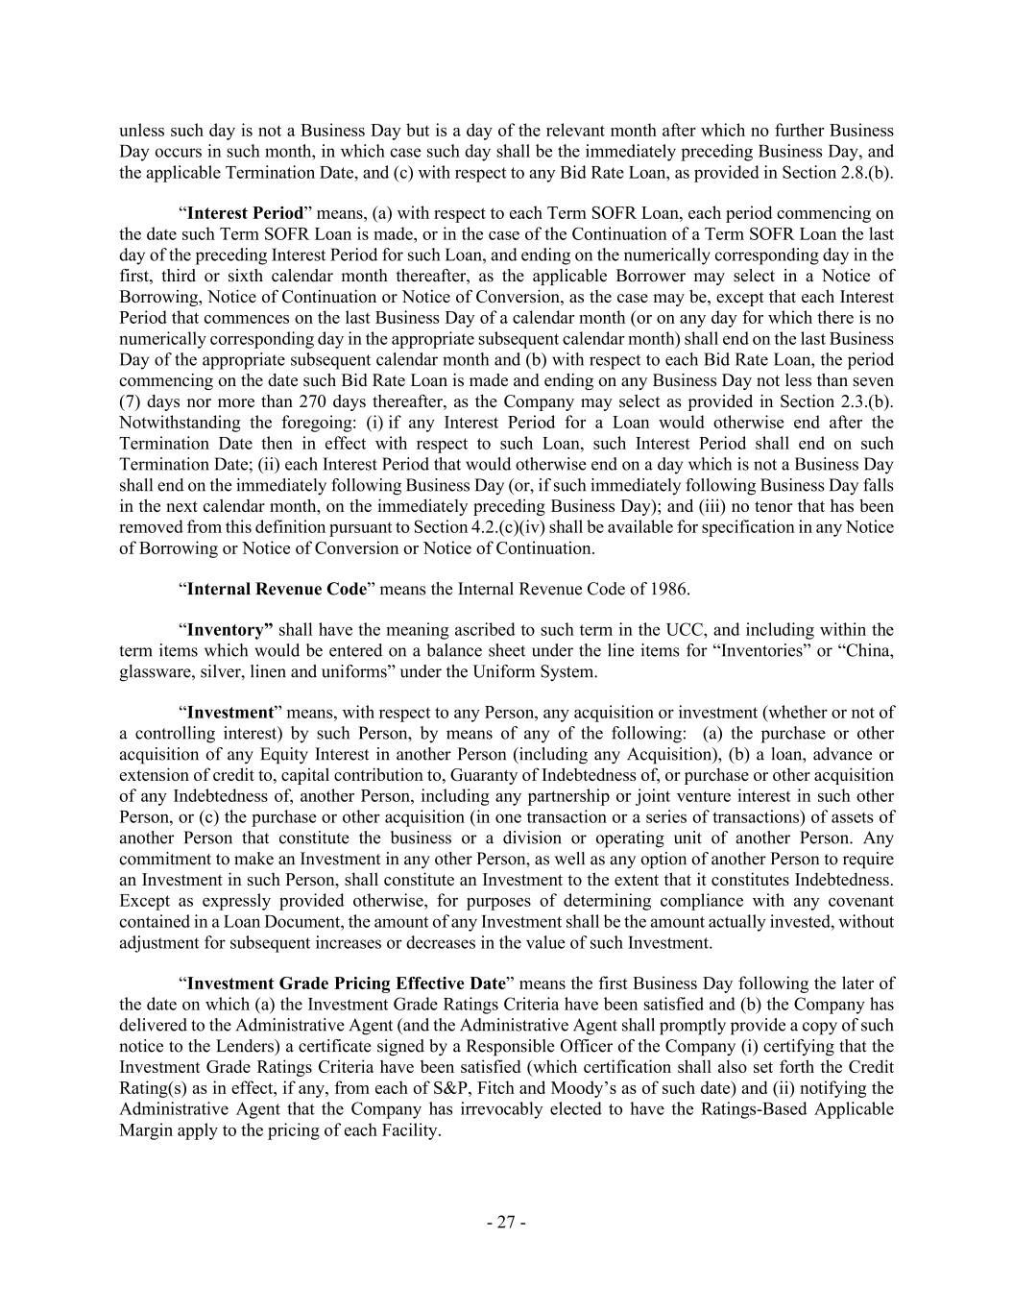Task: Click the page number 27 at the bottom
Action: tap(506, 1223)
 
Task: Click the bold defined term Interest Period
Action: tap(245, 212)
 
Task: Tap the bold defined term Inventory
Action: tap(229, 630)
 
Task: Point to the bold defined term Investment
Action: tap(229, 713)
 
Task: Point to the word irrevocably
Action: tap(564, 1109)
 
